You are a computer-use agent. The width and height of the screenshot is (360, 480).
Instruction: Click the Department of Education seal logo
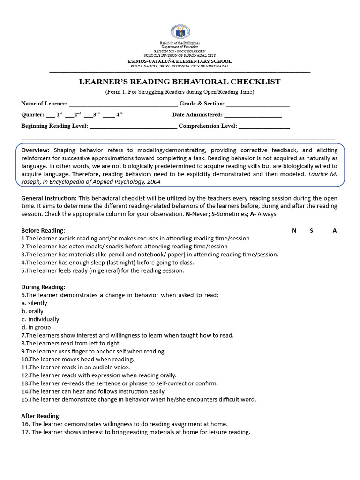point(180,32)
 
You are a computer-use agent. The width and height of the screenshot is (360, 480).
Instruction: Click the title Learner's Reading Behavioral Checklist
point(180,82)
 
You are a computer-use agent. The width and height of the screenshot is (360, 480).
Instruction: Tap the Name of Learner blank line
point(123,104)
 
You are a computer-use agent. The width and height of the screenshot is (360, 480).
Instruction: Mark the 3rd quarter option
point(92,115)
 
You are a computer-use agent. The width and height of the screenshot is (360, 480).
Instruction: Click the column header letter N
point(294,231)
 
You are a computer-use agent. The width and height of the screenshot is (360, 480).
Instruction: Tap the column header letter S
point(311,231)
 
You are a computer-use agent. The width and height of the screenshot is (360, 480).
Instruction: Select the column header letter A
point(334,231)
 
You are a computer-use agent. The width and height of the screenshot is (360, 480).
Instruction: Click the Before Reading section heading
point(43,231)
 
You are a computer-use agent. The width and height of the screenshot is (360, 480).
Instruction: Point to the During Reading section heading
point(43,287)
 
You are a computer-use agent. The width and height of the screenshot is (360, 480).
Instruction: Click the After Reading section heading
point(41,416)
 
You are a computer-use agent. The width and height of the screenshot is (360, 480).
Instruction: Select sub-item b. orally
point(32,311)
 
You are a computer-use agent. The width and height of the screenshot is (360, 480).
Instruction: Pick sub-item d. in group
point(36,327)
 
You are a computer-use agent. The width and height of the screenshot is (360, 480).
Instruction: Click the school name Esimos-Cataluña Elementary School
point(180,61)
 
